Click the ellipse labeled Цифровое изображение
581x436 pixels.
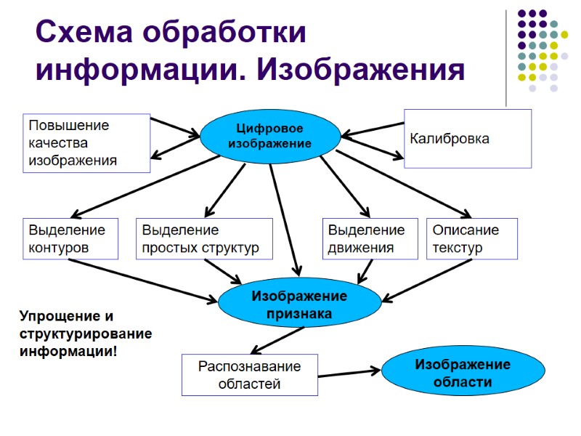[270, 136]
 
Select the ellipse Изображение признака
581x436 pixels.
[299, 305]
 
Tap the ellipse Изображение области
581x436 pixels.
[462, 373]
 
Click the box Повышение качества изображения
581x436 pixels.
[86, 143]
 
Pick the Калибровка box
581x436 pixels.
[468, 139]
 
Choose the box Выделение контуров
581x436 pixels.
[70, 239]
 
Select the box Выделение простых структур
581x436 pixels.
[204, 239]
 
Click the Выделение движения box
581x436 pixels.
[370, 239]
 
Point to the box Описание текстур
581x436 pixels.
[472, 239]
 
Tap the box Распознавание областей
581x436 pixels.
[249, 375]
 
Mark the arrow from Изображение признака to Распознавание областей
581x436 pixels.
[277, 339]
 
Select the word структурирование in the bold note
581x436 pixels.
[85, 334]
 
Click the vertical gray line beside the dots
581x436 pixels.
[506, 58]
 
